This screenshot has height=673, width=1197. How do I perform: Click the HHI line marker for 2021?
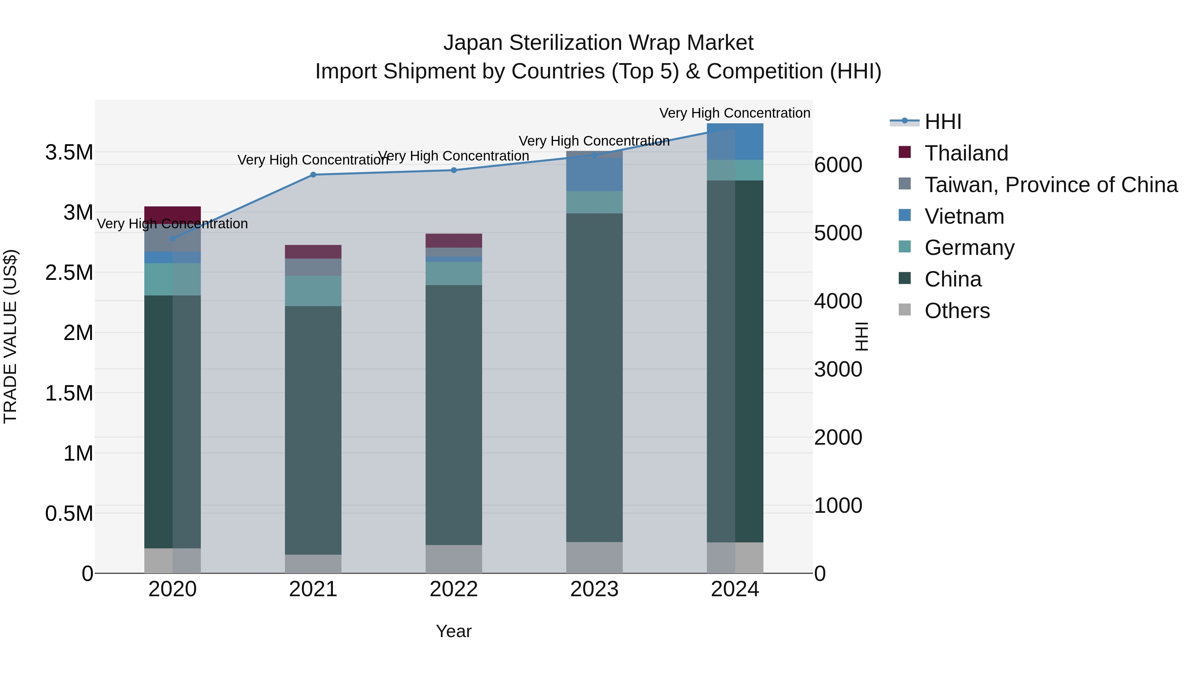click(313, 174)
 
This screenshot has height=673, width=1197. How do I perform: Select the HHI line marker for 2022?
click(454, 170)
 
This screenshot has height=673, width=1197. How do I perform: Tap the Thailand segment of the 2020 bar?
click(172, 215)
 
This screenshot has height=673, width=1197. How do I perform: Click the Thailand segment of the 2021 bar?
click(313, 251)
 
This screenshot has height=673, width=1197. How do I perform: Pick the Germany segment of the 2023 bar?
click(594, 202)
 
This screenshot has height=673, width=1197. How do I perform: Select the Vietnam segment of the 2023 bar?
click(594, 174)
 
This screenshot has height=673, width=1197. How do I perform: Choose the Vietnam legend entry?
click(964, 216)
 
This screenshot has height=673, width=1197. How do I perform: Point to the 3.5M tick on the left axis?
click(69, 152)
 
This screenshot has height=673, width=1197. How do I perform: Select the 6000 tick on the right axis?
click(838, 165)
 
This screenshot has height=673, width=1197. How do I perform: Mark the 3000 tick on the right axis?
click(838, 370)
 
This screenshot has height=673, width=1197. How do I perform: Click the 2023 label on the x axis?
click(594, 589)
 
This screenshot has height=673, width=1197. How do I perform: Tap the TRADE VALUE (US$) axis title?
click(10, 336)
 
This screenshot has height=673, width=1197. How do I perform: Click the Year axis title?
click(454, 631)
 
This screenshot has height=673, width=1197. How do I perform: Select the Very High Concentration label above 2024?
click(734, 113)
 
